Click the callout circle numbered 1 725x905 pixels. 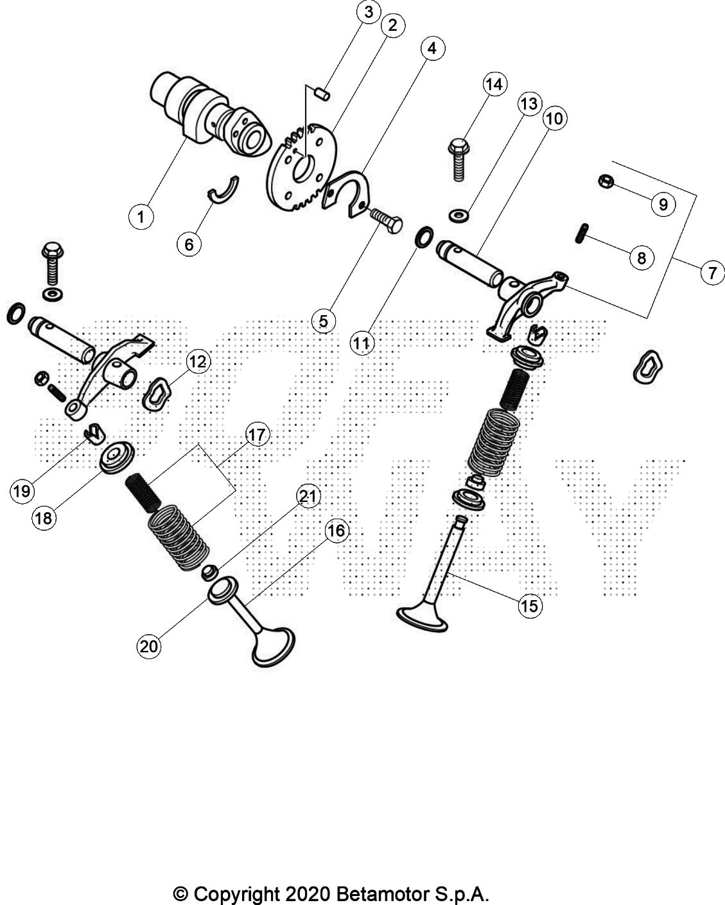coord(141,216)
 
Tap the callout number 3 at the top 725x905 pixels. coord(368,12)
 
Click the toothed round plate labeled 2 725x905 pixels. coord(302,168)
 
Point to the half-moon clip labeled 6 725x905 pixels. coord(223,188)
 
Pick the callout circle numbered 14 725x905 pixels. coord(496,85)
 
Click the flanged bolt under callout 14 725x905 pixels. coord(459,156)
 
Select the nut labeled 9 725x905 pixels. coord(605,182)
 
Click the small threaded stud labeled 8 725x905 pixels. coord(581,232)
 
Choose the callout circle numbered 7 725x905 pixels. coord(712,273)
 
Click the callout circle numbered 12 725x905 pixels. coord(197,362)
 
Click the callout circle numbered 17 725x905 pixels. coord(256,435)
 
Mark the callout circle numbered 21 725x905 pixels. coord(308,496)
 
